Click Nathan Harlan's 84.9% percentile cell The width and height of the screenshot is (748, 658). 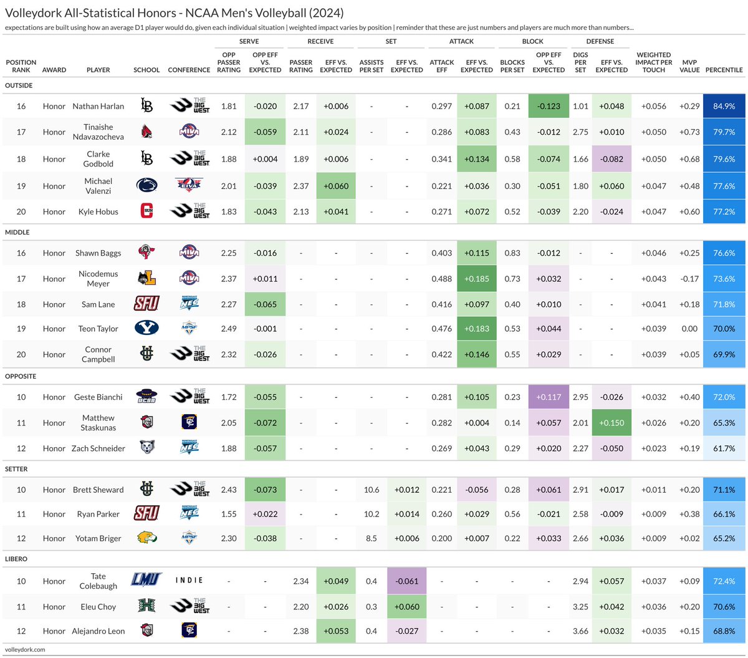(x=724, y=106)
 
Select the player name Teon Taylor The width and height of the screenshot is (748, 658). (x=98, y=329)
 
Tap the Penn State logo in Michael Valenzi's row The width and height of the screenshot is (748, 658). (x=146, y=186)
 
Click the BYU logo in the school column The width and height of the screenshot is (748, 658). (x=146, y=328)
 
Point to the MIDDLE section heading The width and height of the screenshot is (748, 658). (x=17, y=232)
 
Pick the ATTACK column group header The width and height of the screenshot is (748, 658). (x=461, y=41)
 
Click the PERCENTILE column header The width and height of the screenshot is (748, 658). (x=724, y=70)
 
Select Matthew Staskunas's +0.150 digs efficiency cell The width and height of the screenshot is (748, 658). (x=611, y=423)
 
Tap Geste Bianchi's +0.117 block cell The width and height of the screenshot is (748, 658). (x=549, y=397)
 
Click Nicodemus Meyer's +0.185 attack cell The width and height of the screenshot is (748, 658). (x=476, y=279)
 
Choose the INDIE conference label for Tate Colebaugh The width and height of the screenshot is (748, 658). (x=189, y=581)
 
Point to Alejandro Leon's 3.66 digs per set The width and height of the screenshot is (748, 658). (x=580, y=631)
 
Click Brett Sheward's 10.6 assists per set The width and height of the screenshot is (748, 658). (x=372, y=490)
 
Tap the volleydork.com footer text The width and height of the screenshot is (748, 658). (x=25, y=649)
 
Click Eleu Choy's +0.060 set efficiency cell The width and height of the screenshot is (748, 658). (x=406, y=606)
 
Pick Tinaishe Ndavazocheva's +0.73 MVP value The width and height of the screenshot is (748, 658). (x=689, y=132)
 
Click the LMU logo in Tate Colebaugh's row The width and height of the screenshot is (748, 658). (x=146, y=580)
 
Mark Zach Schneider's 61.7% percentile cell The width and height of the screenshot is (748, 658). (x=724, y=448)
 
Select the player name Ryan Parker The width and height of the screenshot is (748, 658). (x=98, y=514)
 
